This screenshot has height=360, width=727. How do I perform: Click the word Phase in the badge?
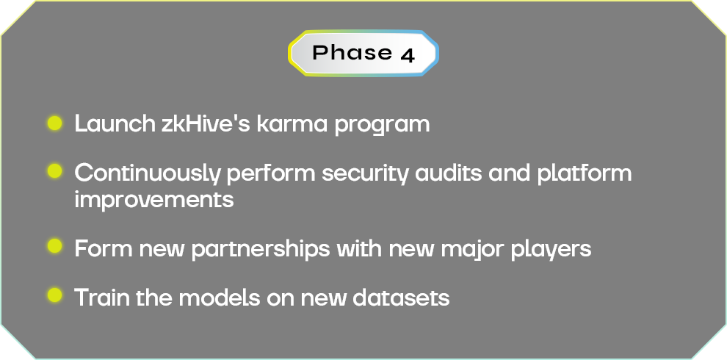point(352,52)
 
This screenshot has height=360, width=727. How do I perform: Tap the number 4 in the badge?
point(407,55)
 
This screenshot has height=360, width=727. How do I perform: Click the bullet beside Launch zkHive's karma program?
point(55,123)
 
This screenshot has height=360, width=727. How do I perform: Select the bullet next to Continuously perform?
point(55,170)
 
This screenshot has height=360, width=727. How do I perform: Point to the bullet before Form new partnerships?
point(55,246)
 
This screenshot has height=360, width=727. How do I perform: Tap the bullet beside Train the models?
point(55,295)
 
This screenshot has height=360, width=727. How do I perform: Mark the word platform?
point(585,173)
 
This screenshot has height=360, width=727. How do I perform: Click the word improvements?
point(154,200)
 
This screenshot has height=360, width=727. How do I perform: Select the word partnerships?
point(261,249)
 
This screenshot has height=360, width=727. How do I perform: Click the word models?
point(220,297)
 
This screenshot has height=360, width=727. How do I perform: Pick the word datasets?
point(401,297)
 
